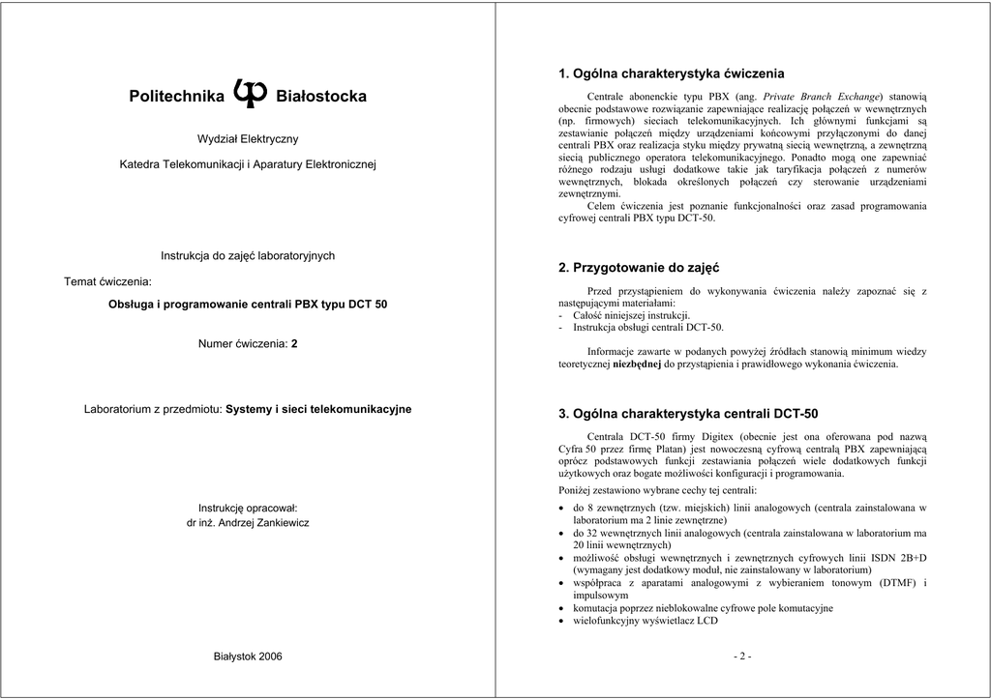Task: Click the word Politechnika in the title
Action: coord(176,97)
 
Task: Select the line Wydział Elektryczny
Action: coord(248,139)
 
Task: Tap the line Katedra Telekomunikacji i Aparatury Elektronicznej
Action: coord(248,165)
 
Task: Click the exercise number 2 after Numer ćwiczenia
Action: coord(294,343)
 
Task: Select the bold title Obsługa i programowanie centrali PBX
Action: coord(248,304)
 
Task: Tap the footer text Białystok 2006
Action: coord(248,656)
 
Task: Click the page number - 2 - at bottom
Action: coord(742,656)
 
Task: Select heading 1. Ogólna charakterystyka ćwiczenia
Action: coord(672,73)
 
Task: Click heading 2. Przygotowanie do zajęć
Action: coord(640,267)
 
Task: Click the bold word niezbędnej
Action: coord(637,365)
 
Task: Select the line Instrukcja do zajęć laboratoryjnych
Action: coord(248,255)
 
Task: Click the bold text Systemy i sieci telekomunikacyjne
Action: coord(318,409)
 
